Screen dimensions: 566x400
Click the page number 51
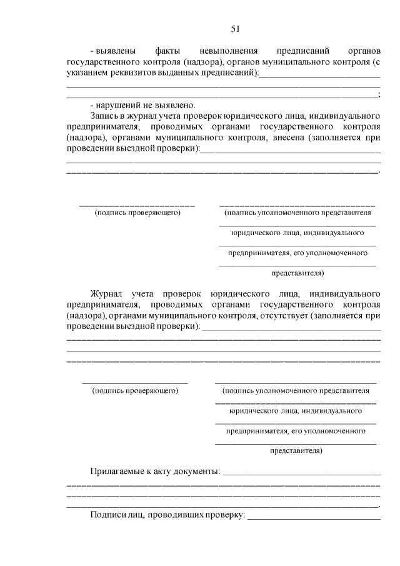click(x=235, y=28)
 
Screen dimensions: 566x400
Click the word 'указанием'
click(x=85, y=73)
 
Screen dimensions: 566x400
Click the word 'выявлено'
click(x=178, y=104)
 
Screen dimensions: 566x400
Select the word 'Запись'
click(x=105, y=116)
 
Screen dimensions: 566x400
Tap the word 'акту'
click(x=169, y=470)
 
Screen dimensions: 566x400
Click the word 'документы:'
click(x=201, y=470)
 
